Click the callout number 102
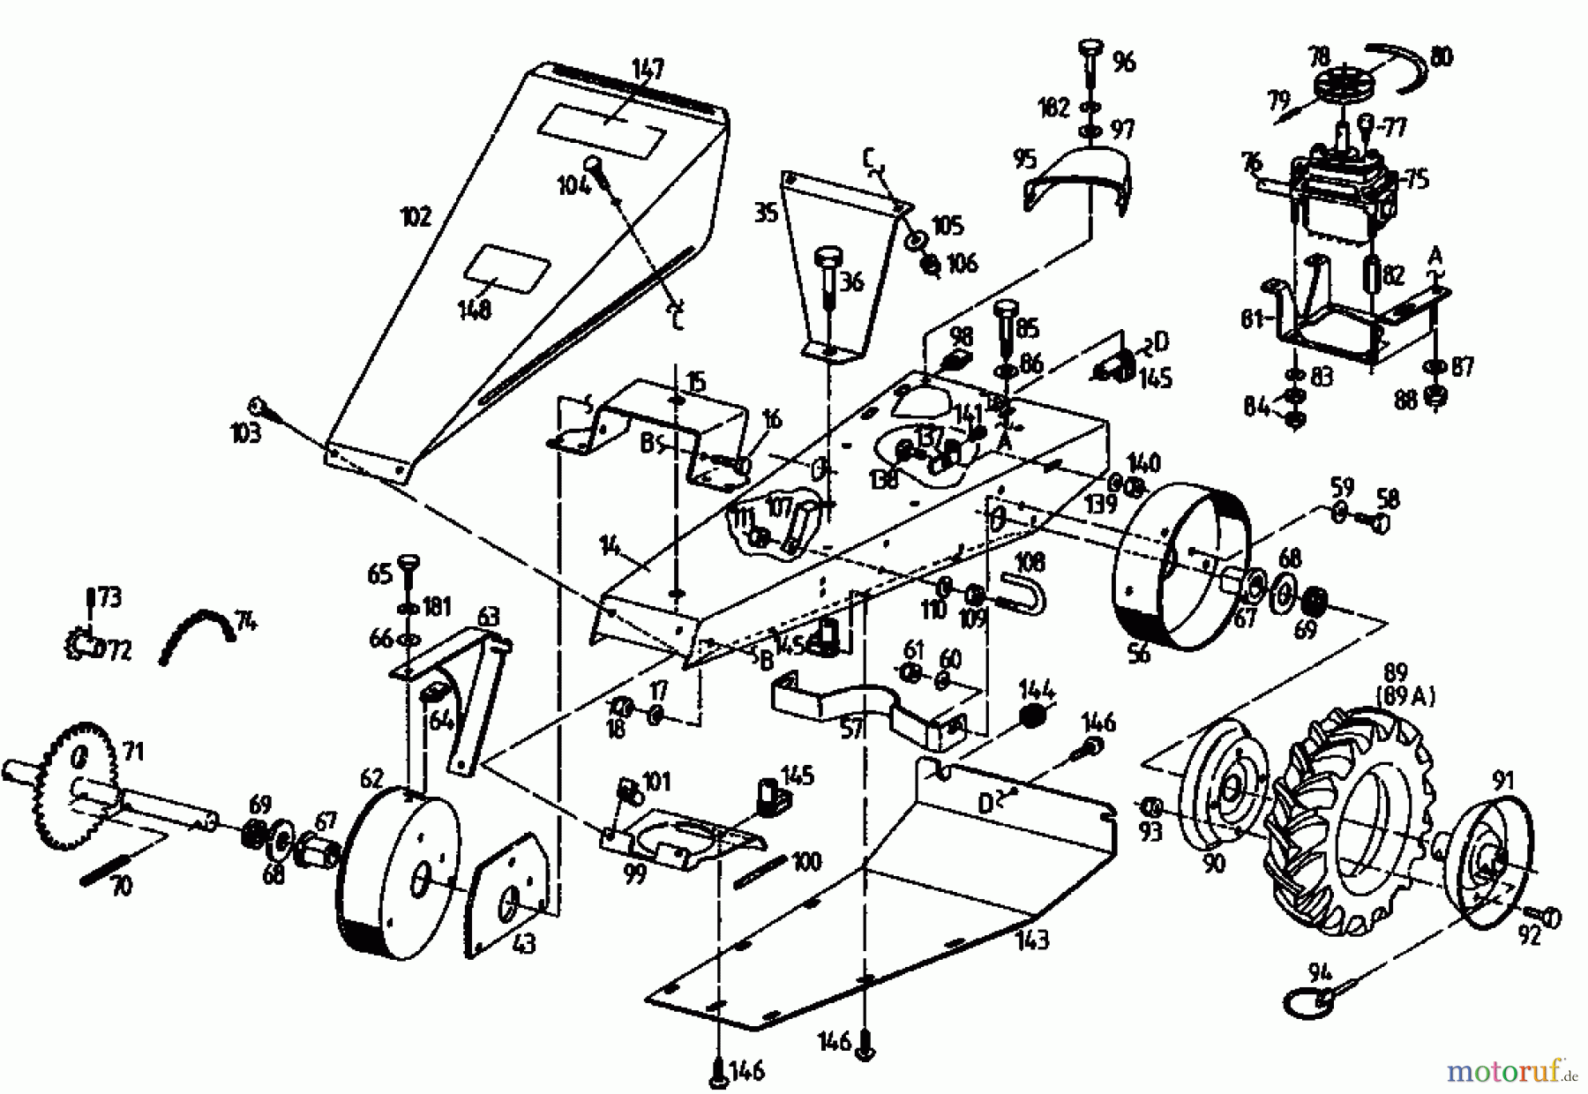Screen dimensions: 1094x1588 point(416,216)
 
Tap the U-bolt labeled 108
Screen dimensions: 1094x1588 point(1023,591)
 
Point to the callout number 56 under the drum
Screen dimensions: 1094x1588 point(1139,655)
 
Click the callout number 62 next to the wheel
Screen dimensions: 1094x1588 point(372,778)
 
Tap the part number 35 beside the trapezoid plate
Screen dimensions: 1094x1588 point(766,213)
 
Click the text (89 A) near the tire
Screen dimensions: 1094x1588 point(1404,696)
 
